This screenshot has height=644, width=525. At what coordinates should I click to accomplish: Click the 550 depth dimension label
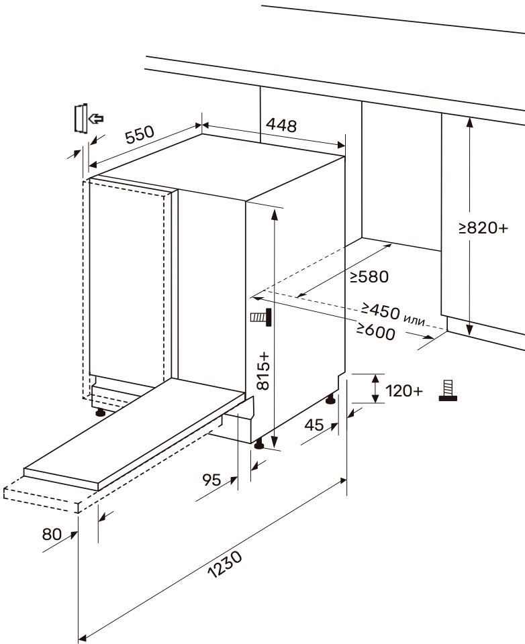tap(140, 134)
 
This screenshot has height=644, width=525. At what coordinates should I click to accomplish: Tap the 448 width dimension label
tap(281, 125)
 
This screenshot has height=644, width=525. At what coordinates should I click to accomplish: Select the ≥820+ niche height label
tap(483, 227)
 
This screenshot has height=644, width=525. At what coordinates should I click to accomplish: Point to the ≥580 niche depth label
tap(369, 277)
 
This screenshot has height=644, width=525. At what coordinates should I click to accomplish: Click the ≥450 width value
tap(380, 310)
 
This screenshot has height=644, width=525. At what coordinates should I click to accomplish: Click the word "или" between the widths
tap(414, 319)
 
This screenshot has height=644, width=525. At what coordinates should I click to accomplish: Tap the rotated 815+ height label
tap(262, 370)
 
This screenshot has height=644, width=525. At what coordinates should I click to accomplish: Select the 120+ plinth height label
tap(403, 391)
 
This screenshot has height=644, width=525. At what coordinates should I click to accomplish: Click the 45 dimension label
tap(314, 424)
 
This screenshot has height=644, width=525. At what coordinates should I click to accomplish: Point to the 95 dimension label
tap(211, 479)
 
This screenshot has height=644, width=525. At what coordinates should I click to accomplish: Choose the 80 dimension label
tap(52, 534)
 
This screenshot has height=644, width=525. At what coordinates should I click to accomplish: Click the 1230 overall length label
tap(226, 564)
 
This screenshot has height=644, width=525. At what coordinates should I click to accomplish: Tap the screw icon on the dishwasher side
tap(260, 318)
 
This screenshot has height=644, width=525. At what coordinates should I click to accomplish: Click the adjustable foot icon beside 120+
tap(448, 391)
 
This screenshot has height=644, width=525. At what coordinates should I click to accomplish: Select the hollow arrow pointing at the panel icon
tap(96, 119)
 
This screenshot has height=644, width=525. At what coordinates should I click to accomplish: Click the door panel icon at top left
tap(81, 118)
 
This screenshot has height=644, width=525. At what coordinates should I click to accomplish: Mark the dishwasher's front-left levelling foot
tap(100, 413)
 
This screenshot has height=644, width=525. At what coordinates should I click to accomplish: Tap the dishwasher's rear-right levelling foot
tap(331, 400)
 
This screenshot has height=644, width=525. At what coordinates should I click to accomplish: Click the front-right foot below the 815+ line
tap(259, 445)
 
